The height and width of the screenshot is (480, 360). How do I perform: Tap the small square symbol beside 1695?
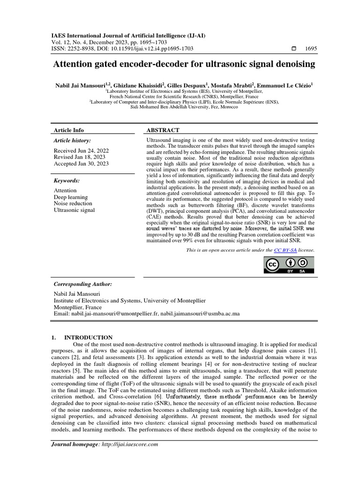coord(294,49)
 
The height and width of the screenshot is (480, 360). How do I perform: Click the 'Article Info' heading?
coord(69,130)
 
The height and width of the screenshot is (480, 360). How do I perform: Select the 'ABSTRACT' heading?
coord(164,130)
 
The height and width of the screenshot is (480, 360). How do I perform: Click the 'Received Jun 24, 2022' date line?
coord(81,150)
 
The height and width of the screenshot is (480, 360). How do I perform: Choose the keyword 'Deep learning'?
coord(71,197)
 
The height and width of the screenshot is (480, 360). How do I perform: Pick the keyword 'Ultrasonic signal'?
coord(75,210)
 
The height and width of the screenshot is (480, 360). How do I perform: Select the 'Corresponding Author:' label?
coord(83,284)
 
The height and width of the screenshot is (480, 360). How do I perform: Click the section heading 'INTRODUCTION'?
coord(88,337)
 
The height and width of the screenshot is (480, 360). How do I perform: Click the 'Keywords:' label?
coord(67,181)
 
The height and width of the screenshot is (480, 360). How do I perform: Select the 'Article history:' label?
coord(73,141)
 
